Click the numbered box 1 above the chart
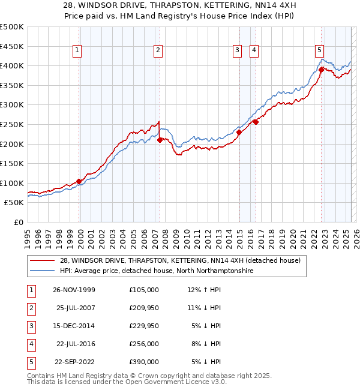click(x=78, y=51)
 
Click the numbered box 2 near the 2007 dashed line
click(x=158, y=51)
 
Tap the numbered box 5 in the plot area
click(x=319, y=51)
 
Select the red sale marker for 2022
click(x=322, y=70)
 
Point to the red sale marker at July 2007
click(x=160, y=140)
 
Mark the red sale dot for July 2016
click(x=256, y=122)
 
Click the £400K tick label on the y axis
click(x=12, y=65)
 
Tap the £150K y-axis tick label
click(x=12, y=163)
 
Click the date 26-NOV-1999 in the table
click(x=74, y=290)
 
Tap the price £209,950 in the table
click(x=143, y=308)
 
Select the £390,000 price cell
click(x=143, y=362)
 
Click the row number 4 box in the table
click(x=30, y=344)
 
